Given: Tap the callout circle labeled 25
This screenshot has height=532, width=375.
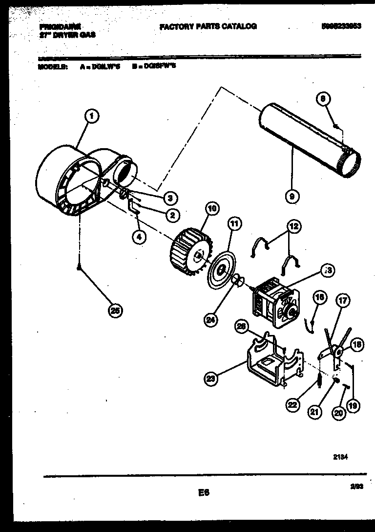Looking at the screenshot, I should click(x=115, y=310).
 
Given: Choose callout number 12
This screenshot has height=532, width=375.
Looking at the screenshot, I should click(x=293, y=227).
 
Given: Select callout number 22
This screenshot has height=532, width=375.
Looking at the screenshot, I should click(x=292, y=404).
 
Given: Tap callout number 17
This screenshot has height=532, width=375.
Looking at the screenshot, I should click(x=343, y=301).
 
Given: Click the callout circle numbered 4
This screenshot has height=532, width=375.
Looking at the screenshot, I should click(x=139, y=237).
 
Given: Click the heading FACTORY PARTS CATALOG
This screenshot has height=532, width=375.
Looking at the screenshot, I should click(x=208, y=26).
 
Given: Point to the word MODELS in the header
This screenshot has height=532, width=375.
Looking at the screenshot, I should click(x=52, y=66).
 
